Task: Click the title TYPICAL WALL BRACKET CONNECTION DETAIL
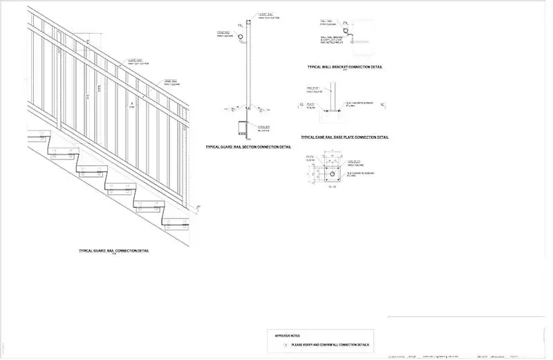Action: (345, 67)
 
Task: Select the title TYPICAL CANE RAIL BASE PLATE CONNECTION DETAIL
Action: (345, 137)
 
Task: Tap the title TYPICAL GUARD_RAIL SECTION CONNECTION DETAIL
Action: (248, 147)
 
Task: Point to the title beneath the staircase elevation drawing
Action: (114, 250)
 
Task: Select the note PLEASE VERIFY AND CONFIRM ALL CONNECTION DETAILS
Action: (330, 344)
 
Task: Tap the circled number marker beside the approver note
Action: (285, 344)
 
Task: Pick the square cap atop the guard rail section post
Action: (249, 23)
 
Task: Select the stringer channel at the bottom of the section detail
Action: (242, 128)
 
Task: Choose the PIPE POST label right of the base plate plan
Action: (353, 162)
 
